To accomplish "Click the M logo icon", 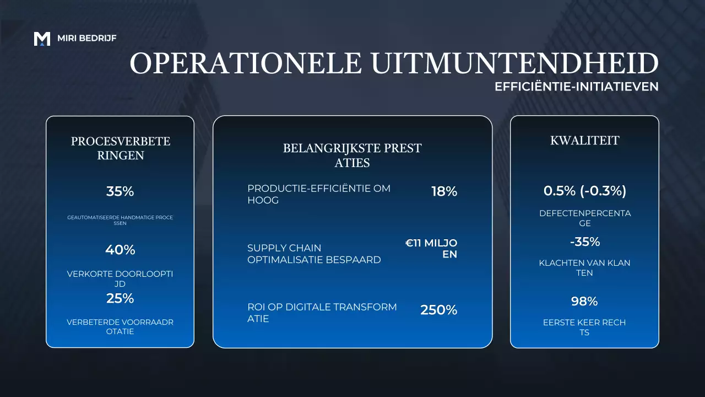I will coord(42,39).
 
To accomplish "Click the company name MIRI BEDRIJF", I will coord(86,39).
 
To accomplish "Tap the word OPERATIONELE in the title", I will coord(246,63).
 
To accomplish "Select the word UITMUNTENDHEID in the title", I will coord(514,63).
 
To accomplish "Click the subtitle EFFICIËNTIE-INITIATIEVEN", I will coord(577,87).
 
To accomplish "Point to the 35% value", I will coord(120,192).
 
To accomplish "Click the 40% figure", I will coord(120,250).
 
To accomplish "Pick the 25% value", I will coord(120,298).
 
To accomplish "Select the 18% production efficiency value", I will coord(444,191).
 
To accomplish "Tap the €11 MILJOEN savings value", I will coord(432,249).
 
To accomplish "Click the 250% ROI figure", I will coord(439,310).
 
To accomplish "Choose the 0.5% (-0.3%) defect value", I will coord(585,191).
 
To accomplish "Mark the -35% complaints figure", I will coord(585,242).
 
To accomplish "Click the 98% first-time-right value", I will coord(585,301).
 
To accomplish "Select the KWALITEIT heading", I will coord(585,141).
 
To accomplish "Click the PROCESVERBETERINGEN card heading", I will coord(121,148).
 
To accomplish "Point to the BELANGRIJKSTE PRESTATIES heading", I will coord(352,155).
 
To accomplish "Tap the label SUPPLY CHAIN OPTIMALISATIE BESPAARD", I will coord(314,254).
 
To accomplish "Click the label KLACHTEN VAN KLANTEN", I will coord(585,268).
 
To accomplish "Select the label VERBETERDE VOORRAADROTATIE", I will coord(120,327).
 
